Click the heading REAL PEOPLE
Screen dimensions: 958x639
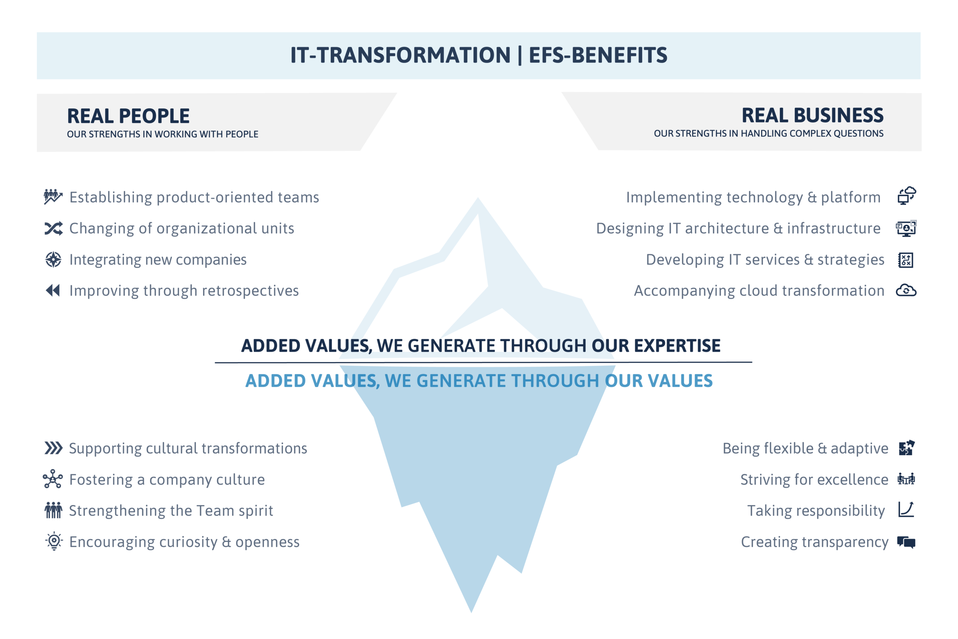[x=128, y=116]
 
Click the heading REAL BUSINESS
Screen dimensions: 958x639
[x=812, y=115]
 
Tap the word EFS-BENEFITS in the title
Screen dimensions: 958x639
[x=598, y=55]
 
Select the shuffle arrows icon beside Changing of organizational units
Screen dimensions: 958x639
[x=54, y=229]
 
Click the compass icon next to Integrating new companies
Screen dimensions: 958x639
[x=54, y=259]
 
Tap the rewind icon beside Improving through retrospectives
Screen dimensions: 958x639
[x=53, y=290]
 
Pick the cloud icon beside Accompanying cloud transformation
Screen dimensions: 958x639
[x=906, y=290]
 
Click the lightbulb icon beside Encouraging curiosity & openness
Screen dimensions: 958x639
[x=54, y=542]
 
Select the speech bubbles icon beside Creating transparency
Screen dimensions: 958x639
[x=906, y=542]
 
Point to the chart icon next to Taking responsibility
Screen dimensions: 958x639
[x=906, y=510]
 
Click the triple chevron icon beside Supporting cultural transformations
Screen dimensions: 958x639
[x=54, y=448]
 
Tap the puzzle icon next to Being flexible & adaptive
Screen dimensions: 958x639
[x=907, y=448]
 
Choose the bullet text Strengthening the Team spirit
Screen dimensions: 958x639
[x=171, y=511]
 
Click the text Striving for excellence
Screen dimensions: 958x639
[x=814, y=480]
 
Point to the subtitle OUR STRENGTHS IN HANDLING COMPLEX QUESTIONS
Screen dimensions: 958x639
[x=769, y=134]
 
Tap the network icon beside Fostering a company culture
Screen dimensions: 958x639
[x=53, y=479]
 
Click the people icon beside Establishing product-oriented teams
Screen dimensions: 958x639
[x=54, y=197]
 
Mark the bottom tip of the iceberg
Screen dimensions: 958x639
[x=471, y=612]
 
